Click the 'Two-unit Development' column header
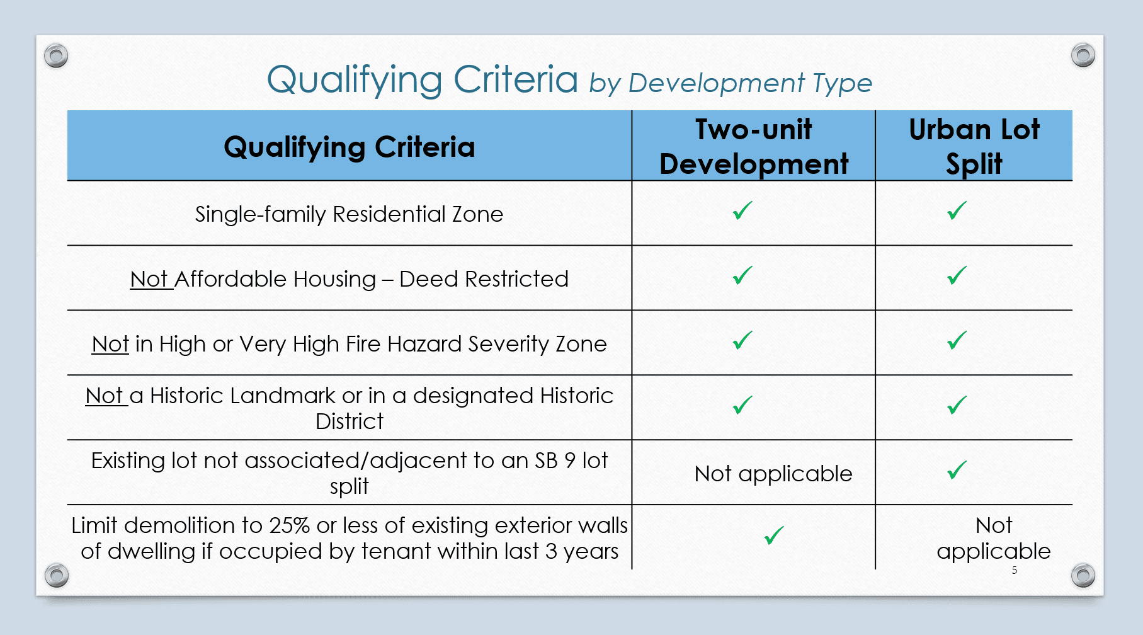754,147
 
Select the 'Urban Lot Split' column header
974,147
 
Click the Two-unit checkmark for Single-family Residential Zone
743,211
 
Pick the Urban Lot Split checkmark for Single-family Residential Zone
957,211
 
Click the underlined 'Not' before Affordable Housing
149,279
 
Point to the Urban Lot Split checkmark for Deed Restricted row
957,276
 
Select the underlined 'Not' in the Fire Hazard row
110,344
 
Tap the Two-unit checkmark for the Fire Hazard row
743,341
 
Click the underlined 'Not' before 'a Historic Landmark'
105,396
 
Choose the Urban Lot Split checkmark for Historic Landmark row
957,405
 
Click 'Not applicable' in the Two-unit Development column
773,474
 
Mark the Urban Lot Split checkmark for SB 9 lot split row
957,471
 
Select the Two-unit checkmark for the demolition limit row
774,536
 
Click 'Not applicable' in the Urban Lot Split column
994,538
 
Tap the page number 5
1015,570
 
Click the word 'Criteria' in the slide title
515,80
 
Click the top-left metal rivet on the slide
56,55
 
